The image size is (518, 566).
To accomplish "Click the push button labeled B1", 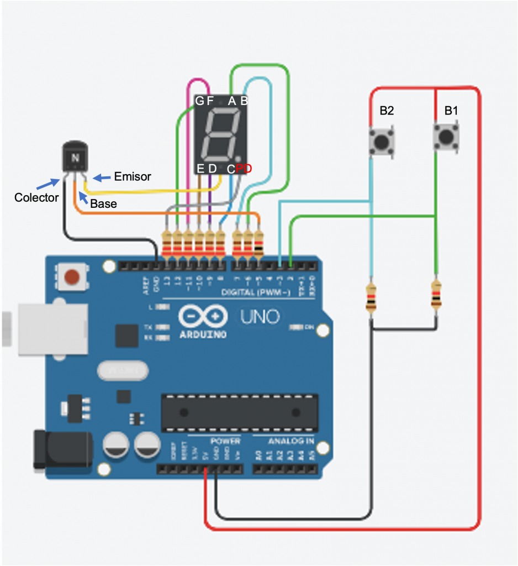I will coord(446,137).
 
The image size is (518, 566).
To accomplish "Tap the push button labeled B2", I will coord(381,141).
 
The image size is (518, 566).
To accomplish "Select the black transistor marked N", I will coord(75,157).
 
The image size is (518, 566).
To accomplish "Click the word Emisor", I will coord(132,177).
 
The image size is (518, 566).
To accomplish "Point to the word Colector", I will coord(36,197).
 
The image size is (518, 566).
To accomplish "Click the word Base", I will coord(103,203).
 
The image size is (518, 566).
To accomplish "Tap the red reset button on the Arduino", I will coord(72,276).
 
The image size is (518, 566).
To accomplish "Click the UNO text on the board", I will coord(259,317).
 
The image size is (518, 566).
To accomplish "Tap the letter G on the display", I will coord(199,101).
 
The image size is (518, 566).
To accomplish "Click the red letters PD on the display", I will coord(244,169).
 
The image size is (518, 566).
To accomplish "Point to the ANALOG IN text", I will coord(291,441).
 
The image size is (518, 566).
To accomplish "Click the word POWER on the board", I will coord(225,441).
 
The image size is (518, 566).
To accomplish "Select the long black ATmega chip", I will coord(239,413).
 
